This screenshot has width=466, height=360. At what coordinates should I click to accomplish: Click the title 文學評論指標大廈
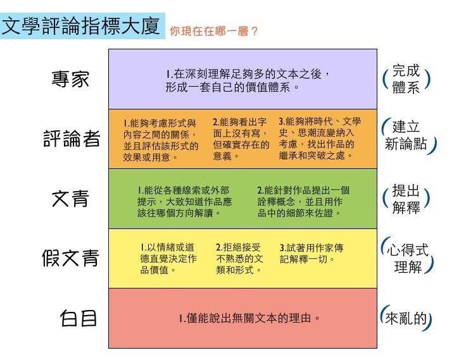(81, 26)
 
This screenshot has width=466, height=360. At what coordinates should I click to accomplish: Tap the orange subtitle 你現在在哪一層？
(213, 31)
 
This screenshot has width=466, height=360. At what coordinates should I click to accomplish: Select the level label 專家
(70, 79)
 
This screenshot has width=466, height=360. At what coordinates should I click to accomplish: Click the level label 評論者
(72, 138)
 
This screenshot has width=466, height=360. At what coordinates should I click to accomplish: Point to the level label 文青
(70, 199)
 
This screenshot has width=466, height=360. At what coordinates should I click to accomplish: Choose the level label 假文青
(70, 258)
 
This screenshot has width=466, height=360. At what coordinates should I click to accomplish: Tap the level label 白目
(79, 318)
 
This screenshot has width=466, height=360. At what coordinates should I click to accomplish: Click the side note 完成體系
(406, 79)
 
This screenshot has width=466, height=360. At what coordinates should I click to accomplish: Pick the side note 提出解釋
(406, 199)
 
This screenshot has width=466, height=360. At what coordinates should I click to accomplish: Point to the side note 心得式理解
(407, 256)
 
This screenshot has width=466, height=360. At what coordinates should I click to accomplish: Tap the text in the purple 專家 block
(248, 80)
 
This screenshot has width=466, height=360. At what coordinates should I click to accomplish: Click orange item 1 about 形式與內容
(160, 140)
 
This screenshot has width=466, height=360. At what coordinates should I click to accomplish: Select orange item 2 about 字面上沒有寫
(241, 139)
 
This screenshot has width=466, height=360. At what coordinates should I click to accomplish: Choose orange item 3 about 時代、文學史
(320, 139)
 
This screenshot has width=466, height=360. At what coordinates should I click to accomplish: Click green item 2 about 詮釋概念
(303, 202)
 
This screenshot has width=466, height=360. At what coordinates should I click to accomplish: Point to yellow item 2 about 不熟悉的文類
(239, 258)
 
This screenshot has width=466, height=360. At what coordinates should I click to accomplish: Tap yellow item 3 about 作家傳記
(311, 253)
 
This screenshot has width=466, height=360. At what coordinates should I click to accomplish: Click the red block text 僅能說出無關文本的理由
(249, 318)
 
